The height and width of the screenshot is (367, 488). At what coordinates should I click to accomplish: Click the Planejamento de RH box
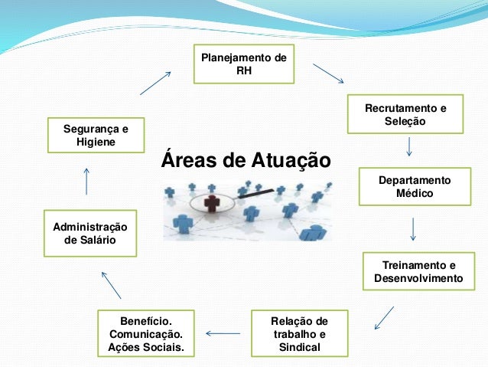point(244,64)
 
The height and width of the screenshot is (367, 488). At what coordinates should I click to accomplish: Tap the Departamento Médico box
point(414,187)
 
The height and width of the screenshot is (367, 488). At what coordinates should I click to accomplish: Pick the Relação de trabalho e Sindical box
point(300,334)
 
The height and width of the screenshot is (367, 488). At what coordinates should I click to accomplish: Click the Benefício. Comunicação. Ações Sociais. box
point(146,334)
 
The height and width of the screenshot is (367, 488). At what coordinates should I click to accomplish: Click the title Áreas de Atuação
point(246,161)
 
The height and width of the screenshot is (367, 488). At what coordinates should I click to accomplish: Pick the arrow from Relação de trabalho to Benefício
point(223,333)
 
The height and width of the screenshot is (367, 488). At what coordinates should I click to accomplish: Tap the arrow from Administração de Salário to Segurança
point(86,181)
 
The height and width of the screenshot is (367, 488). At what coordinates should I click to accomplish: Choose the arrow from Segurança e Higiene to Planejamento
point(155,83)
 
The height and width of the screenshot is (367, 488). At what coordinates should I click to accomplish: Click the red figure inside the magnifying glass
point(213,205)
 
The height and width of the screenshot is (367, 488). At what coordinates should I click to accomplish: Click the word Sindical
point(300,349)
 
